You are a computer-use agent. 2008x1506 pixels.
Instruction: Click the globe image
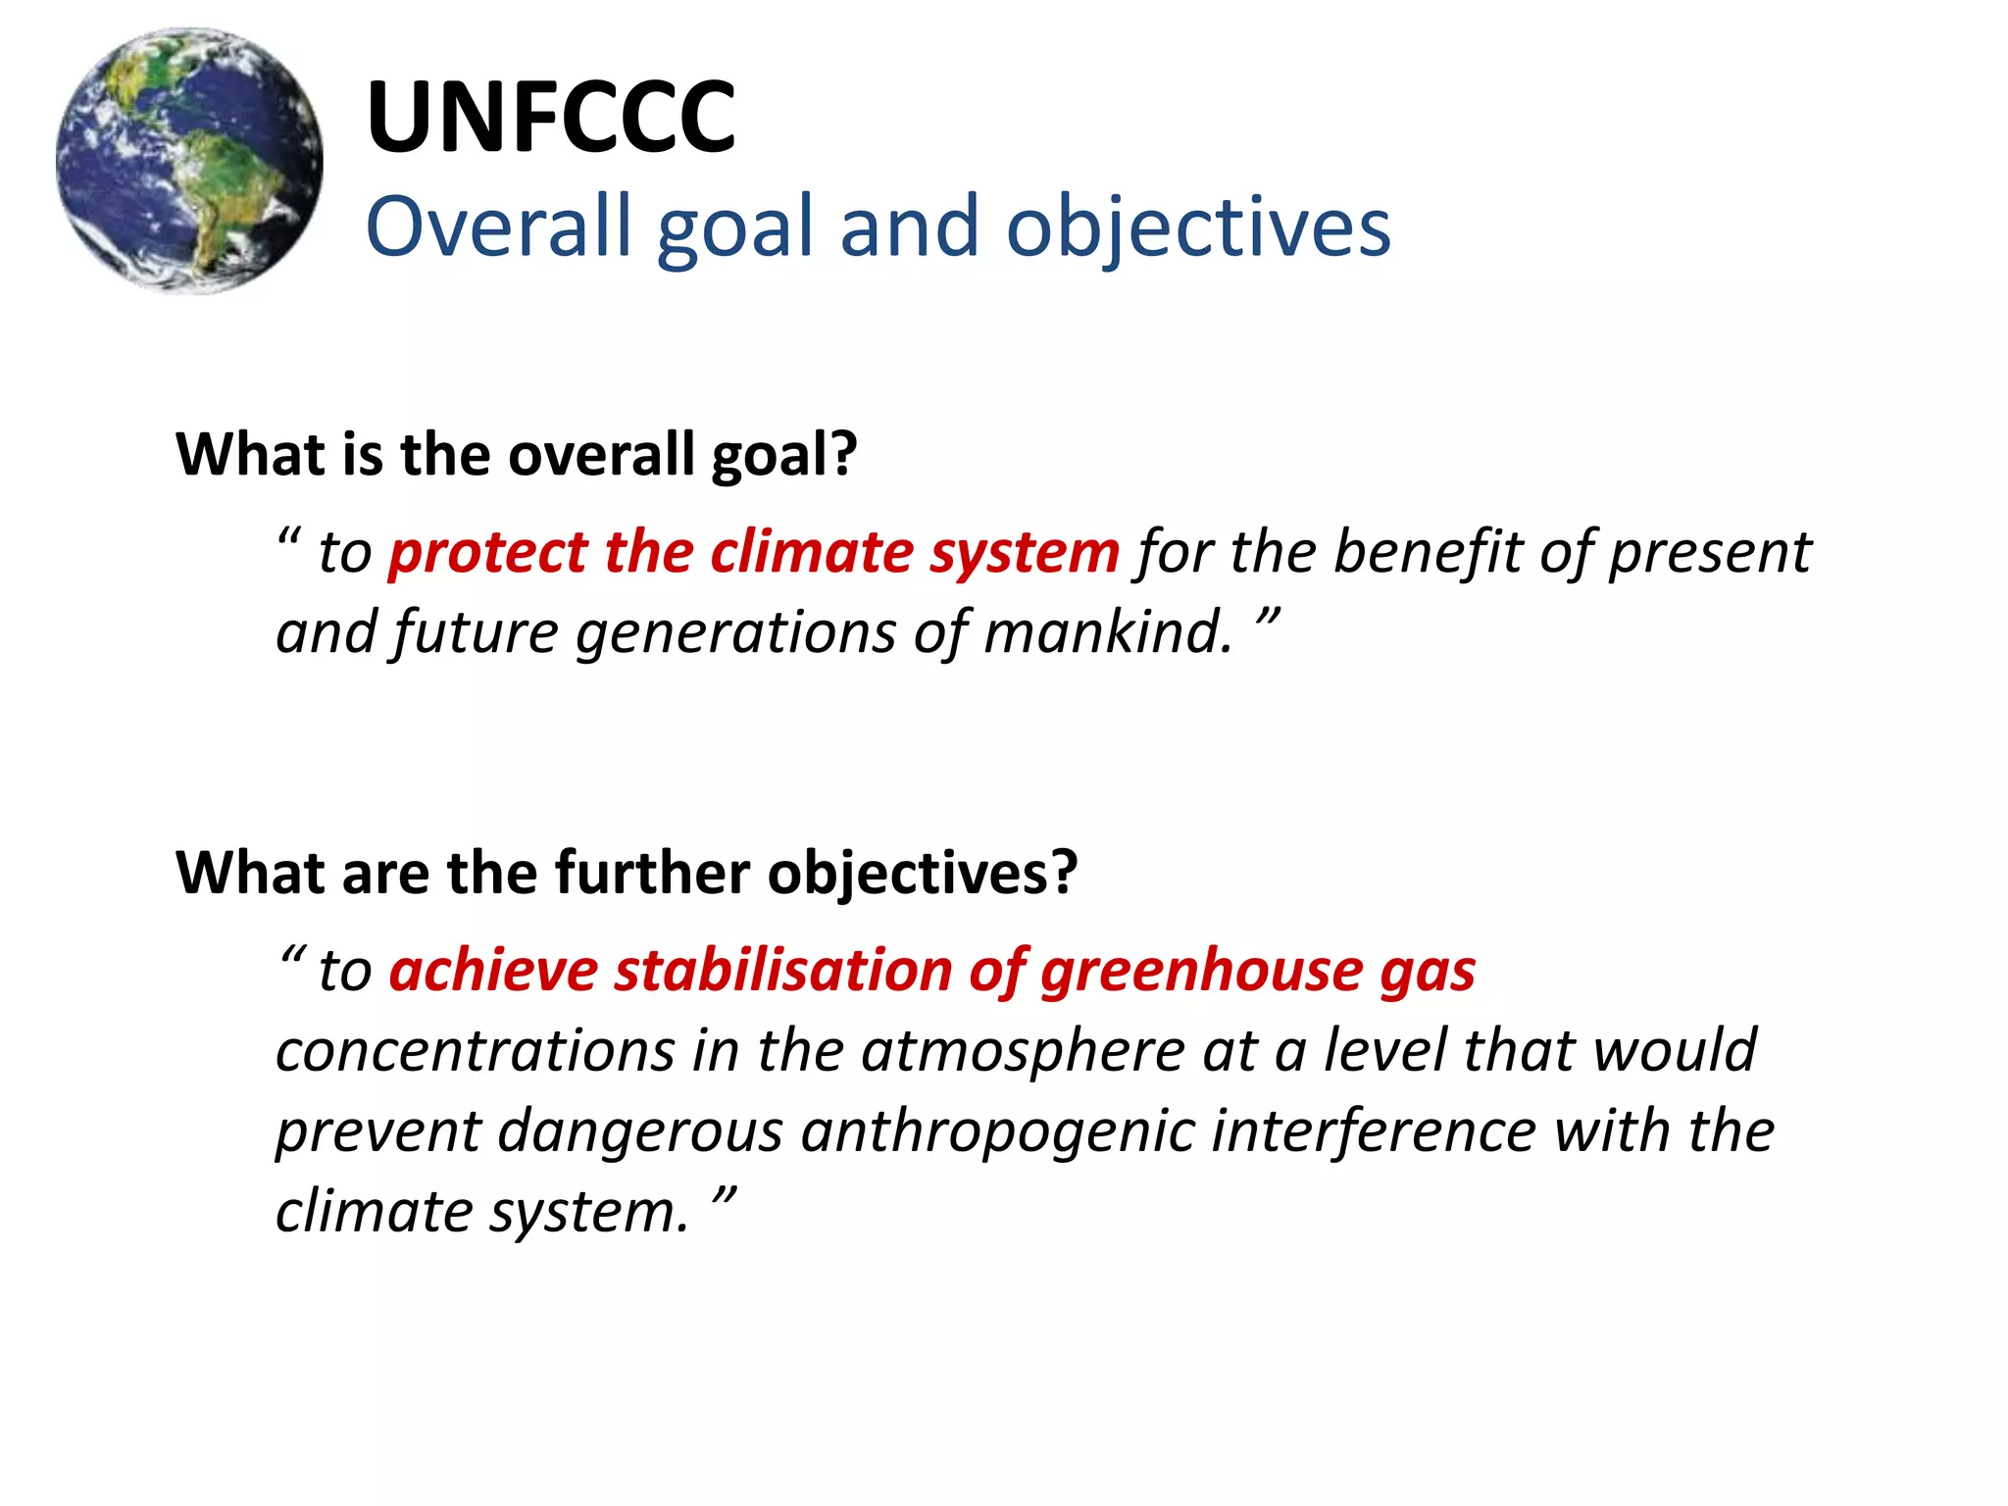coord(189,161)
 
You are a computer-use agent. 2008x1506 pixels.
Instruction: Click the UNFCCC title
coord(551,118)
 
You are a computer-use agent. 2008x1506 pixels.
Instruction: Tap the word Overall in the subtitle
coord(498,226)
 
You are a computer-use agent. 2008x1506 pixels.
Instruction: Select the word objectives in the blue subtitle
coord(1198,228)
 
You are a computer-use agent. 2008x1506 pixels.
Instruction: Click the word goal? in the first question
coord(783,455)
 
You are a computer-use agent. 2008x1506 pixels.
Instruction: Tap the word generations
coord(735,632)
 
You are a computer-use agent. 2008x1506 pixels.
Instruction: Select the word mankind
coord(1108,632)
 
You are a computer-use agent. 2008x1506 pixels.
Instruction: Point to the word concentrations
coord(475,1051)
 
